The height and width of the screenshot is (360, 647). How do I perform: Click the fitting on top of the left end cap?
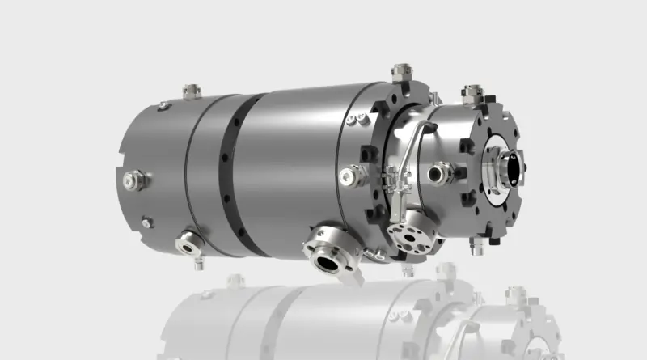click(191, 91)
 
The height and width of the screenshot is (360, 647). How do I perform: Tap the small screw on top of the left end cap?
click(164, 105)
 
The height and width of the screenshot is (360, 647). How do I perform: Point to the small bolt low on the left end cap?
click(146, 222)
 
